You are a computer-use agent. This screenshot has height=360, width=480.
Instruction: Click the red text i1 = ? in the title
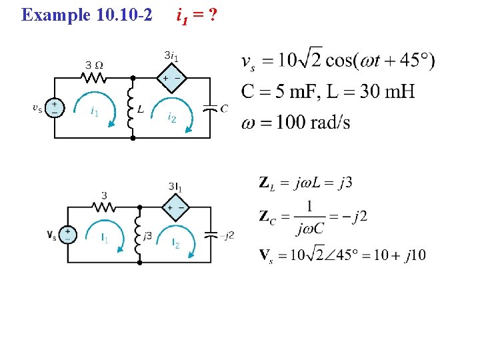coord(196,14)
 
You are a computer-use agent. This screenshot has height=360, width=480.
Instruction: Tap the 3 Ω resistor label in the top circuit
coord(93,65)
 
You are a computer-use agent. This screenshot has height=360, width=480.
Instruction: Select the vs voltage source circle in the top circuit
coord(54,108)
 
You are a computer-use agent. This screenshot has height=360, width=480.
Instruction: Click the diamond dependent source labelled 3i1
coord(171,78)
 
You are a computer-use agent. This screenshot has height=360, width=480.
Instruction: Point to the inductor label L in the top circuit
coord(140,109)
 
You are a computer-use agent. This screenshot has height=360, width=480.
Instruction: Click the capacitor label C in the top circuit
coord(224,108)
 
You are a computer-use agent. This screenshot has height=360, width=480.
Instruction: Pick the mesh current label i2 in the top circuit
coord(172,118)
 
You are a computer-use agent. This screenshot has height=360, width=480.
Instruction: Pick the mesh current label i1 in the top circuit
coord(94,112)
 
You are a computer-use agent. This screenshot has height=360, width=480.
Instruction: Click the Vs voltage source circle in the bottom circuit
coord(67,235)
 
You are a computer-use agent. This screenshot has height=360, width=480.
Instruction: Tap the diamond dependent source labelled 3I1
coord(177,208)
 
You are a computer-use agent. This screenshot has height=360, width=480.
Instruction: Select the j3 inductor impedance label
coord(149,236)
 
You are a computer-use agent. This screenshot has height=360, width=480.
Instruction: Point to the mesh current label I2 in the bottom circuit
coord(176,244)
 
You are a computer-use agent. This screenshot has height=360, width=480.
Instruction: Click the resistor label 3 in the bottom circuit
coord(104,195)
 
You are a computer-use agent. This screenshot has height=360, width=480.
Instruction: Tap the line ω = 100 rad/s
coord(296,122)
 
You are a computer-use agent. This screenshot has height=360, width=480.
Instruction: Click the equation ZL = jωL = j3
coord(305,183)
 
